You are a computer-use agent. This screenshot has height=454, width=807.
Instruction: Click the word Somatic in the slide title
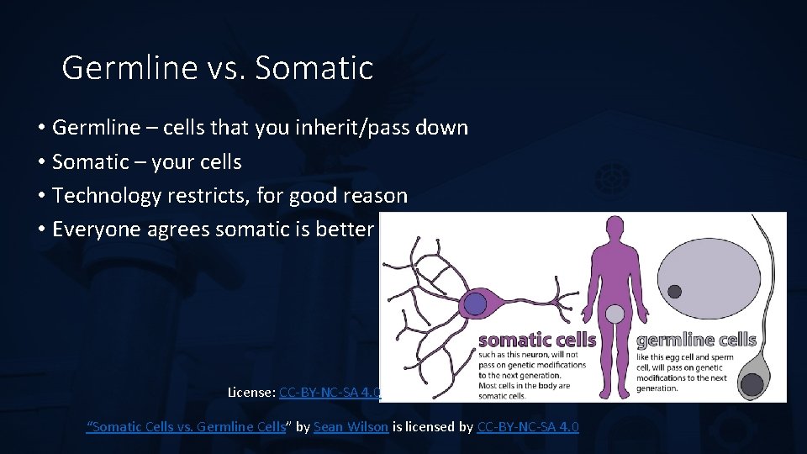(314, 67)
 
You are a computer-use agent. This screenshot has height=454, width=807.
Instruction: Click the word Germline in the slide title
(129, 67)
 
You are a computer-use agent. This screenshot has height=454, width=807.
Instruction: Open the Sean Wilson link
(351, 427)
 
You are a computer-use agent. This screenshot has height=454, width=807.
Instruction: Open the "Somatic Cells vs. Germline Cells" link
(187, 427)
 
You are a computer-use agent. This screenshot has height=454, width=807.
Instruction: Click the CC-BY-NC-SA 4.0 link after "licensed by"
(528, 427)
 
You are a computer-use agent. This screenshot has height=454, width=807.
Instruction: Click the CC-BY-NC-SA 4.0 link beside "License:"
(330, 393)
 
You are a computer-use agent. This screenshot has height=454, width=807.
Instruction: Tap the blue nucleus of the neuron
(474, 304)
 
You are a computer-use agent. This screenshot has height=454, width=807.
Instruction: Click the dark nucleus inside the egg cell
(675, 292)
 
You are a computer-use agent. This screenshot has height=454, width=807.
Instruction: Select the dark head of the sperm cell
(752, 384)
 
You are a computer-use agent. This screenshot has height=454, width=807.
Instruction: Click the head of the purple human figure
(615, 227)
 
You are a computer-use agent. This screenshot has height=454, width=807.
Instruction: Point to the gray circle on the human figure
(615, 314)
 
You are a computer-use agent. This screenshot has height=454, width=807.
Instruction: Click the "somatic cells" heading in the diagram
(537, 340)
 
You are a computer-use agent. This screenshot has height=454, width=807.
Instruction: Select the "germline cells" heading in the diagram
(696, 340)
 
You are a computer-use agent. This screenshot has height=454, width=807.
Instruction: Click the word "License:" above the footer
(251, 393)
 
